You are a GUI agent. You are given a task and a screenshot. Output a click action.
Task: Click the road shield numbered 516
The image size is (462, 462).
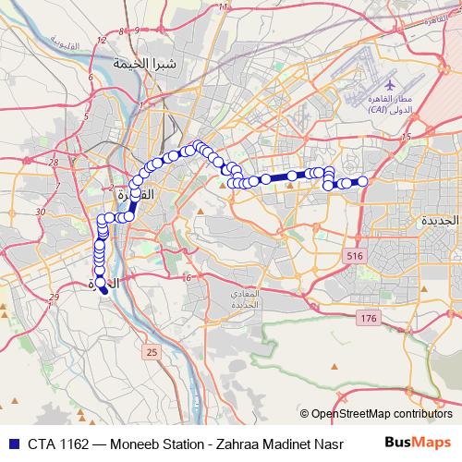[x=354, y=255]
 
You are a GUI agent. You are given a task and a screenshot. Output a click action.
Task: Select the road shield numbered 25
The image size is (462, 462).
[x=152, y=352]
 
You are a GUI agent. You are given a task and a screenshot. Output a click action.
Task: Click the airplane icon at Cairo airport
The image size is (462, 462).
[x=392, y=85]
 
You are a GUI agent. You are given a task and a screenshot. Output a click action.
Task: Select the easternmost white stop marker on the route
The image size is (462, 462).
[x=363, y=181]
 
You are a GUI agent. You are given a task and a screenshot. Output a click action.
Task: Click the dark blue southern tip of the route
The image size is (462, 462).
[x=104, y=290]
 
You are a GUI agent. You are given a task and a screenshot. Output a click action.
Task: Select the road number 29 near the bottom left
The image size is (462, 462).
[x=54, y=297]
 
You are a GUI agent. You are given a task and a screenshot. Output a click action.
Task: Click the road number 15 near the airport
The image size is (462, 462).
[x=405, y=137]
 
